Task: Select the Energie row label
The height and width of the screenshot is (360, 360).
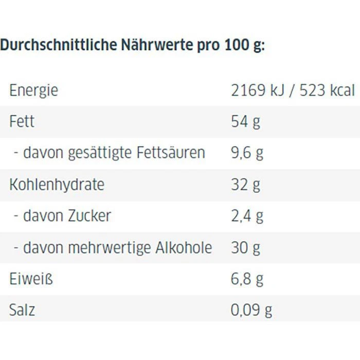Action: [33, 91]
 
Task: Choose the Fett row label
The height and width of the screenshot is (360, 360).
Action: [22, 122]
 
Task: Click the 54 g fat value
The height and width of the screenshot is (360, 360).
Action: [246, 122]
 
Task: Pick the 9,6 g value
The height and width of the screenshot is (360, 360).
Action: [247, 153]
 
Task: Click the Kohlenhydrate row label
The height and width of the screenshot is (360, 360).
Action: [57, 184]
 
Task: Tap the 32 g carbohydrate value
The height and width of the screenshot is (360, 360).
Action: [246, 184]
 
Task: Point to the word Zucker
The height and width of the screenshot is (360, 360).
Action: [89, 215]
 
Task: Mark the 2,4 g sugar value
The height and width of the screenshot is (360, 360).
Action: [247, 215]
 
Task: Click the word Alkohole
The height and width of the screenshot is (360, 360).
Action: [184, 247]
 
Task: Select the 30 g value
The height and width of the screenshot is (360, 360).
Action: [246, 247]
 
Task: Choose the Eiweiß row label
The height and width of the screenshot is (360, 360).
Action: [31, 279]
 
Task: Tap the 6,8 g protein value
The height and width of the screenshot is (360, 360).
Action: [247, 279]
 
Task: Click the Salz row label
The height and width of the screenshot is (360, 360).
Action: [22, 311]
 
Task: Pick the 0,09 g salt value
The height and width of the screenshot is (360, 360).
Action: [251, 311]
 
